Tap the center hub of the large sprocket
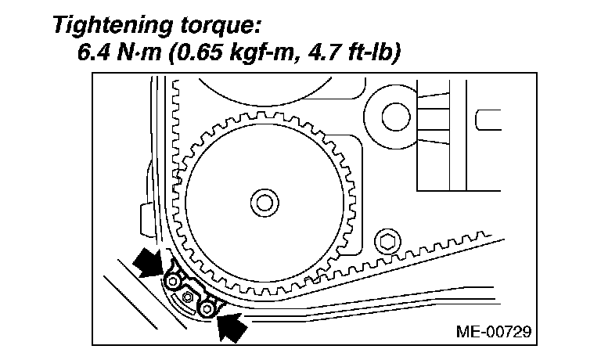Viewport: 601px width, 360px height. click(265, 203)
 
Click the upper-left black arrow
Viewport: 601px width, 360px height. click(149, 263)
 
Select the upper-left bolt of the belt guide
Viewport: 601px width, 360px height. click(173, 281)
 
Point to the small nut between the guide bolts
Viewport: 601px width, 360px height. click(188, 297)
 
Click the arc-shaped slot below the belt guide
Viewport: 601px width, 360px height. click(188, 311)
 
